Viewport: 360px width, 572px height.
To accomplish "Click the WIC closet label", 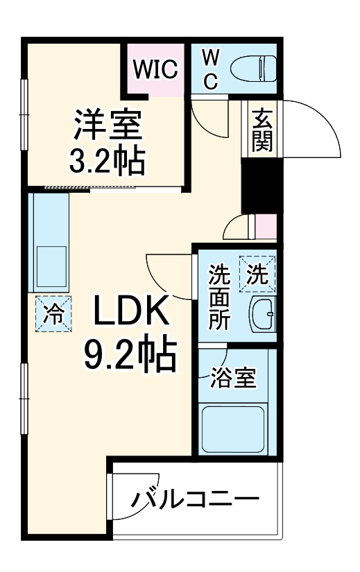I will click(x=157, y=69).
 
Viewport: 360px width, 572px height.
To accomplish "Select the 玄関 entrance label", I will click(x=262, y=130).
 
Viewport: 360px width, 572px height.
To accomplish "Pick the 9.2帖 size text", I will click(x=129, y=355).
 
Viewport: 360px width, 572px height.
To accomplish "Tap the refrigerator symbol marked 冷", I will click(x=53, y=313).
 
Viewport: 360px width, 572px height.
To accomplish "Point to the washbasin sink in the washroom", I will click(x=262, y=315).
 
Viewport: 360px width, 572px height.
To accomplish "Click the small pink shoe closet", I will click(x=266, y=226).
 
